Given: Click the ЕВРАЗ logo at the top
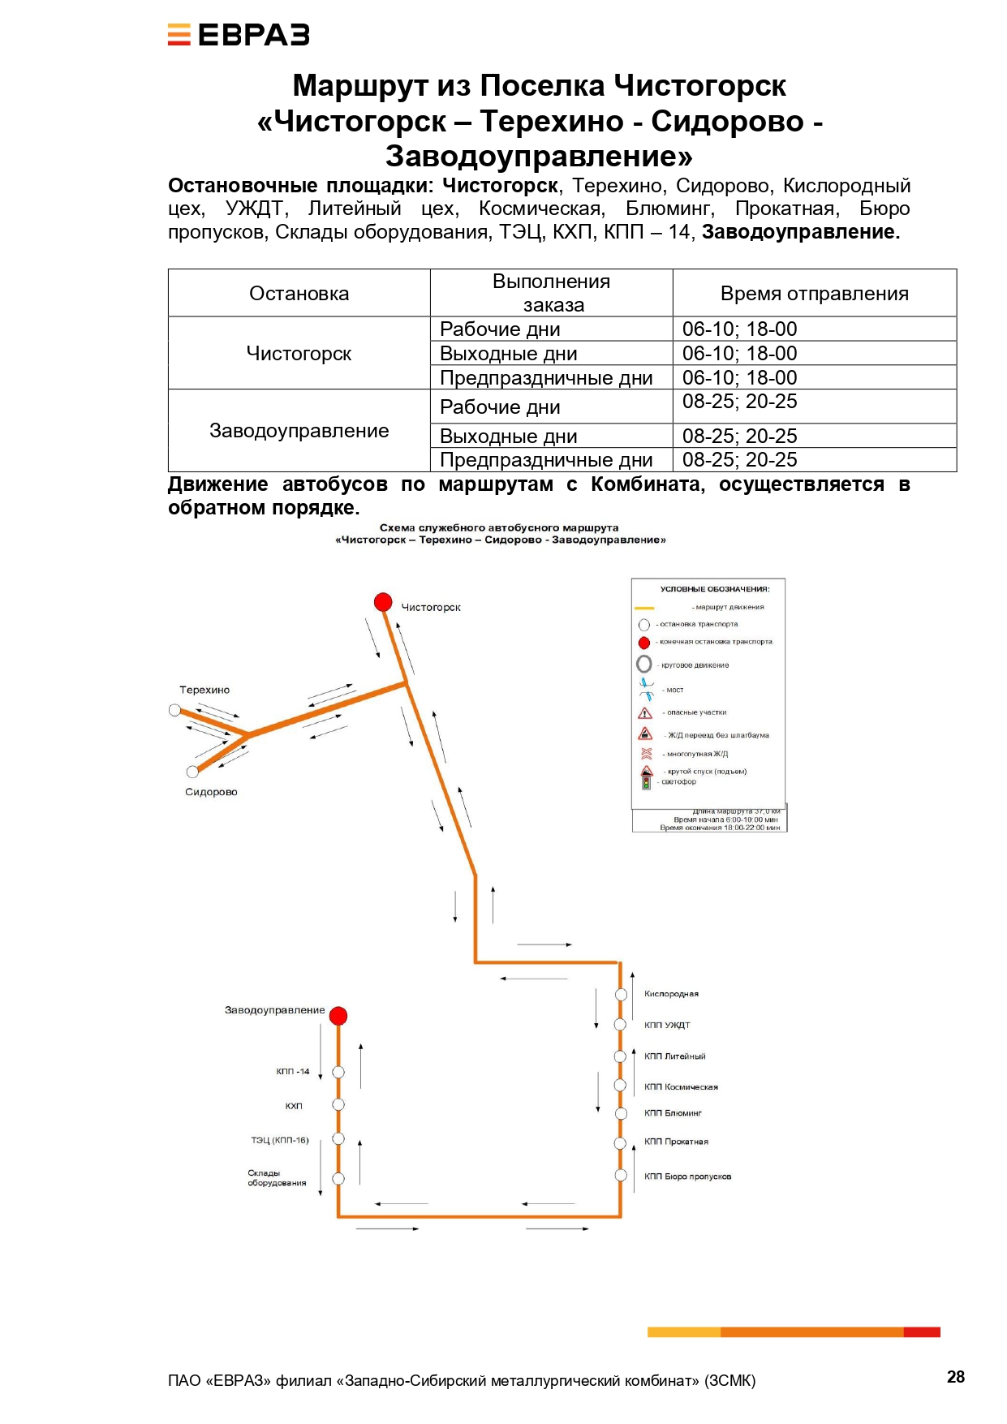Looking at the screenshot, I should pos(239,35).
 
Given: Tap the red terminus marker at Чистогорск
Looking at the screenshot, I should pos(383,602).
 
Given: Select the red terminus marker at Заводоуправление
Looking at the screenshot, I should pos(338,1016).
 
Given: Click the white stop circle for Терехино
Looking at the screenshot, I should pos(174,710).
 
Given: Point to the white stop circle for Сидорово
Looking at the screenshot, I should pos(192,772).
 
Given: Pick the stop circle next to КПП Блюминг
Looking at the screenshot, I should pos(621,1113).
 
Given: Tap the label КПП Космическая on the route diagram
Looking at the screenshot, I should pos(681,1086).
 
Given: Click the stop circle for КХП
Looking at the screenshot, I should pos(338,1104).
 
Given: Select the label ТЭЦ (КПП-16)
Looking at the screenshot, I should pos(280,1140).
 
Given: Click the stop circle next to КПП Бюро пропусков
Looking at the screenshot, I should pos(621,1175).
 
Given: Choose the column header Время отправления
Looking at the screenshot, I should pos(814,294).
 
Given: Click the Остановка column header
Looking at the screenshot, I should pos(299,294).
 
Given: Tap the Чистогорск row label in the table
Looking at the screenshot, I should pos(299,354).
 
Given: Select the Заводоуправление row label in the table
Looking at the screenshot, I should pos(299,431).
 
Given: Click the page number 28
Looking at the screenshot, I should pos(956,1377).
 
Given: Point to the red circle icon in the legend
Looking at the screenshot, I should pos(644,643).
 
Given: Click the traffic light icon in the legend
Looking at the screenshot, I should pos(647,783).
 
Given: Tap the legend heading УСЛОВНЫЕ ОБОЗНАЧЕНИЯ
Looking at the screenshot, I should pos(715,589).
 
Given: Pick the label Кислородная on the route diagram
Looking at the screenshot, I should pos(671,994).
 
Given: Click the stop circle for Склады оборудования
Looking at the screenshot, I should pos(338,1179).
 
